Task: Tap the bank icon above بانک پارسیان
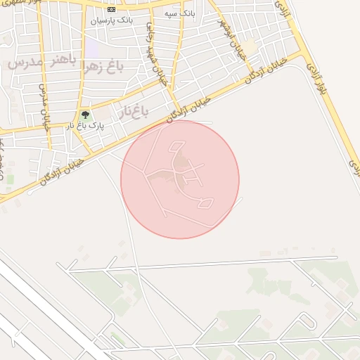click(111, 9)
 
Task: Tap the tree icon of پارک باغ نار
click(85, 114)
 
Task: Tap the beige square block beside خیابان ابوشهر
click(250, 46)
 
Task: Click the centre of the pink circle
click(180, 179)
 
